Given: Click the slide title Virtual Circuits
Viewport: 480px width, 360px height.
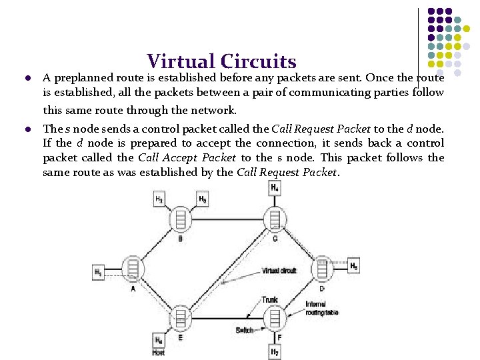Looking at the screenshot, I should tap(221, 62).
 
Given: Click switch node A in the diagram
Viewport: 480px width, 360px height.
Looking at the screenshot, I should tap(133, 268).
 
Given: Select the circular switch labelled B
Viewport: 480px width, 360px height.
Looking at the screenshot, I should tap(179, 219).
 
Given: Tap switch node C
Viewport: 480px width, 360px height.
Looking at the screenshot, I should tap(273, 219).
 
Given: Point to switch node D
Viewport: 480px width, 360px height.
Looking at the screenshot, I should tap(321, 268).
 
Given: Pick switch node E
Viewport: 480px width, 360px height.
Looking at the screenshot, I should tap(180, 319).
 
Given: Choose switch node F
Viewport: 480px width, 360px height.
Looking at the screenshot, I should tap(274, 319).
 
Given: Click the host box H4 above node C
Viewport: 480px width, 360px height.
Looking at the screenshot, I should tap(275, 189).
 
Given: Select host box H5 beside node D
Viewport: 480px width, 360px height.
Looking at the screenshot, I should tap(354, 266).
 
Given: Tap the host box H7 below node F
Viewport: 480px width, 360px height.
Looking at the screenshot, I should tap(275, 351).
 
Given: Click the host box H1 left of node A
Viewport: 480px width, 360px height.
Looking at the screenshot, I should tap(99, 272).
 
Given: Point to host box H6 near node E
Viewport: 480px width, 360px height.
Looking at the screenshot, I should tap(159, 340).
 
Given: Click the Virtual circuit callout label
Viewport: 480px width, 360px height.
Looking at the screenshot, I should tap(279, 271).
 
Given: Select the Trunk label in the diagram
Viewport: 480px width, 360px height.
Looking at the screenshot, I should tap(270, 300).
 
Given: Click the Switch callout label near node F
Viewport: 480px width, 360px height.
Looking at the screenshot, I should tap(244, 330).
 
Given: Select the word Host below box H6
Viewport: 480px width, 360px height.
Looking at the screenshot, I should tap(159, 353).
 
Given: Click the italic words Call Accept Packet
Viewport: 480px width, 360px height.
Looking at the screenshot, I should tap(187, 158).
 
